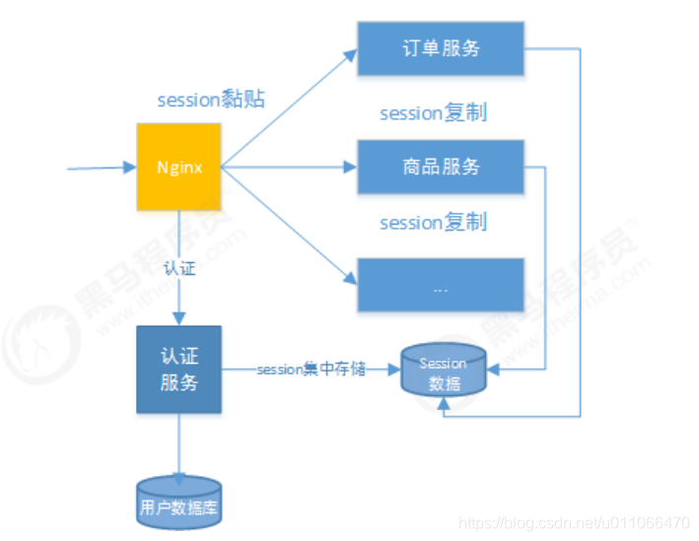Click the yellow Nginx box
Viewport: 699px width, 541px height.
point(178,168)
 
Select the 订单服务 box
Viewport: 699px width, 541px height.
point(440,48)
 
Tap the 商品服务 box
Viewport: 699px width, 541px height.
point(440,167)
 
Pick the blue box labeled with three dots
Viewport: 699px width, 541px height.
point(440,286)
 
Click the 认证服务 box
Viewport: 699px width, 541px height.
point(178,369)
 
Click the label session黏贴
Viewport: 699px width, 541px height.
point(211,101)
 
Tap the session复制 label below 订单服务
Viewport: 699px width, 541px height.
point(433,113)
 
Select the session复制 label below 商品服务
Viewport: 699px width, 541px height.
point(433,223)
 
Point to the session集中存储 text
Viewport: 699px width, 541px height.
point(311,370)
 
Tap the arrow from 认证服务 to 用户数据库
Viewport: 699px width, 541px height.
point(178,443)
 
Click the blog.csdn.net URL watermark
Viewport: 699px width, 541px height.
point(575,522)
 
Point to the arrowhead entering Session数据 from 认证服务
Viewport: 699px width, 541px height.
point(393,370)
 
